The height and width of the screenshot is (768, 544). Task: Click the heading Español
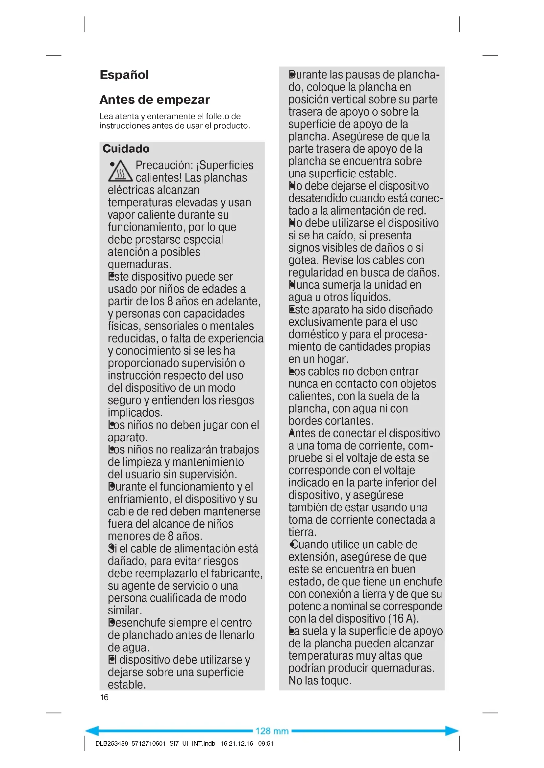pos(124,75)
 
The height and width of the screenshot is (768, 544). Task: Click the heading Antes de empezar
pos(155,100)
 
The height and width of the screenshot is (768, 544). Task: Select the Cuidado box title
pos(126,148)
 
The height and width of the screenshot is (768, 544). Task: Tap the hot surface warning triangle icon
pos(120,172)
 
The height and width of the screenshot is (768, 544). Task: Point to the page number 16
pos(104,697)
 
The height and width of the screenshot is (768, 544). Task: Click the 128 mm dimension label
pos(272,731)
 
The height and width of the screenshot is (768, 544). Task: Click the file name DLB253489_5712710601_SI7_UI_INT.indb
pos(155,744)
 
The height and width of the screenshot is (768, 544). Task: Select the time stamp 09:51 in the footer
pos(266,744)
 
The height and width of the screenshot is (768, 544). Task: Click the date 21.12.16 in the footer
pos(241,744)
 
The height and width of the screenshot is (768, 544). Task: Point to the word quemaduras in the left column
pos(139,264)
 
